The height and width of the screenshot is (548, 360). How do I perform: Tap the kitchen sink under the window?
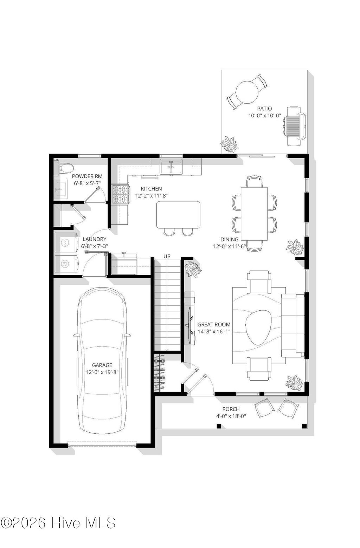point(171,167)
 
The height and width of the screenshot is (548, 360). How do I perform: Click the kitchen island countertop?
point(178,214)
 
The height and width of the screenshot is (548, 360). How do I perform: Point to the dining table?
point(254,213)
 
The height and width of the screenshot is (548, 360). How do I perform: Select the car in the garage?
point(102,360)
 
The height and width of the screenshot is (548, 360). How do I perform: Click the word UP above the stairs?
point(167,257)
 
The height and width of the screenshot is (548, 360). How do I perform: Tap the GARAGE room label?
point(102,365)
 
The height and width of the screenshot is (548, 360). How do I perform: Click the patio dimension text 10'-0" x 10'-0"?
point(264,115)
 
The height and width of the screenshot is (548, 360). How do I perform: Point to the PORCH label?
point(231,409)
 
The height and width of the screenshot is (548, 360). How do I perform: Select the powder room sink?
point(60,190)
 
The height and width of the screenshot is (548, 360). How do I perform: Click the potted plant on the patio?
point(229,144)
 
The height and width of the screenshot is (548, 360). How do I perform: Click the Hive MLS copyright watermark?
point(58,522)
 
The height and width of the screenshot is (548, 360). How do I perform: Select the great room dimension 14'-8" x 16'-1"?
point(214,331)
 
